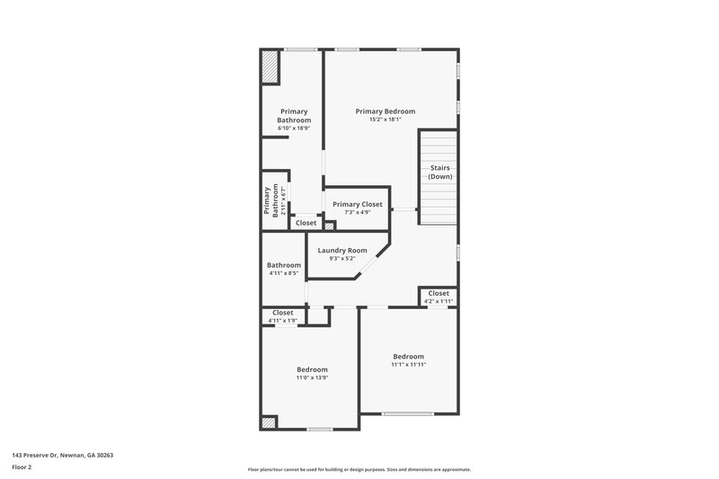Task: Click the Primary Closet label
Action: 357,204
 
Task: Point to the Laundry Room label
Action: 342,250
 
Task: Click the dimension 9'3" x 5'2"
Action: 342,259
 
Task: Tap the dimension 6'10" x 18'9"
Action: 293,129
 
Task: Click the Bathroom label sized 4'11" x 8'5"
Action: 283,265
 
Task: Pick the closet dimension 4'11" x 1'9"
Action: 282,320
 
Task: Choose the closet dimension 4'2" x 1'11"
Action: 439,301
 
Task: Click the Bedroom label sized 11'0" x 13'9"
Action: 312,369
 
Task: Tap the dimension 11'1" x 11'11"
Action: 407,364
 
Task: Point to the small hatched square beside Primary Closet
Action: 330,226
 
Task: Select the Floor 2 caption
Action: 22,467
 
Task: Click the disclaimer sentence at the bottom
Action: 359,469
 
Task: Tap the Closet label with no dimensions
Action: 306,223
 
